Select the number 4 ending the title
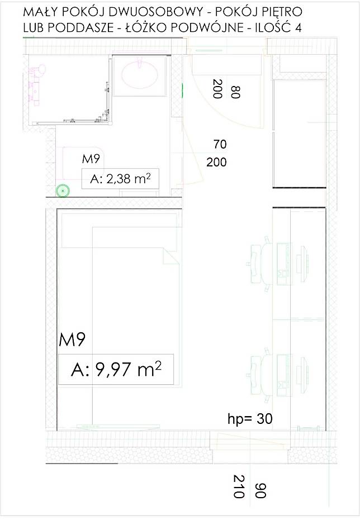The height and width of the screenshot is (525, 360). coord(298,27)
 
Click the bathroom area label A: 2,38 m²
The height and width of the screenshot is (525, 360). coord(120,179)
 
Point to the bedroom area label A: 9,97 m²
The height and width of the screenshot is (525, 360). coord(116,369)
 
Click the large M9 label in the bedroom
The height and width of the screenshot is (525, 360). coord(72,340)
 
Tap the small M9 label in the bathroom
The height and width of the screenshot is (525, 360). coord(91,159)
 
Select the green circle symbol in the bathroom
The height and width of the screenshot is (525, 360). coord(63,191)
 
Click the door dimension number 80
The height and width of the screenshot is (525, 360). coord(236,92)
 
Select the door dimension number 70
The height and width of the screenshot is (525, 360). coord(220,144)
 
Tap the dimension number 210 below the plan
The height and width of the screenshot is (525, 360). coord(238,486)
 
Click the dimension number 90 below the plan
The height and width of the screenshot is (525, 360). coord(260,490)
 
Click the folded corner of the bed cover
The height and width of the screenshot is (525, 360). coord(170,257)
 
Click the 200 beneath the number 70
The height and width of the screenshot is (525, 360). coord(216,163)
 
